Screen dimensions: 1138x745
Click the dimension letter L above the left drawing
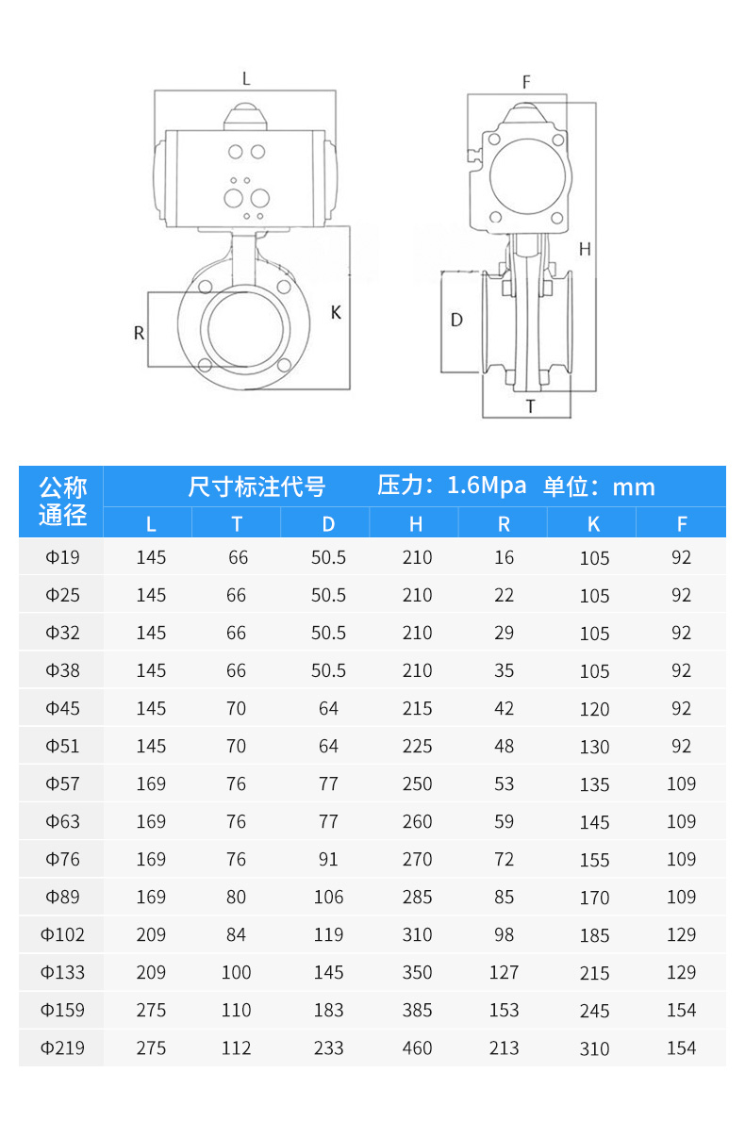246,79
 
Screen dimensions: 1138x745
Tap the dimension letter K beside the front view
336,312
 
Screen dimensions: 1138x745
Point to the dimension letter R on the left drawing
139,333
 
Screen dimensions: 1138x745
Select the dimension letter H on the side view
585,249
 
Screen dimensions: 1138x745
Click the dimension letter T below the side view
530,406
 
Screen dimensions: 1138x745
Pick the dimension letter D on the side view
456,320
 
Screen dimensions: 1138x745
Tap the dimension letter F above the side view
526,82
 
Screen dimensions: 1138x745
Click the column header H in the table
416,524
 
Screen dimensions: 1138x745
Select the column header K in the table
593,524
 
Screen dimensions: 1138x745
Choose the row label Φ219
63,1047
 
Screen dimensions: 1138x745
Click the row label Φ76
63,859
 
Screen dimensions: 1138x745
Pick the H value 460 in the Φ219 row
417,1047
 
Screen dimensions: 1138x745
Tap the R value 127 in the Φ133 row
505,972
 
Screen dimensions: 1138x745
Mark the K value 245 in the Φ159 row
594,1011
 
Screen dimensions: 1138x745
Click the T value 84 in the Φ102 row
237,934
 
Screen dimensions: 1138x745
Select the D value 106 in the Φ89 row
328,897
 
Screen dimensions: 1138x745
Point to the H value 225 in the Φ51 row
417,746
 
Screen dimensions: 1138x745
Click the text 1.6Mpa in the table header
487,486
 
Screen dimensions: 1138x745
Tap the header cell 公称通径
62,502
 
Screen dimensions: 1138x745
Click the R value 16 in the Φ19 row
505,557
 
